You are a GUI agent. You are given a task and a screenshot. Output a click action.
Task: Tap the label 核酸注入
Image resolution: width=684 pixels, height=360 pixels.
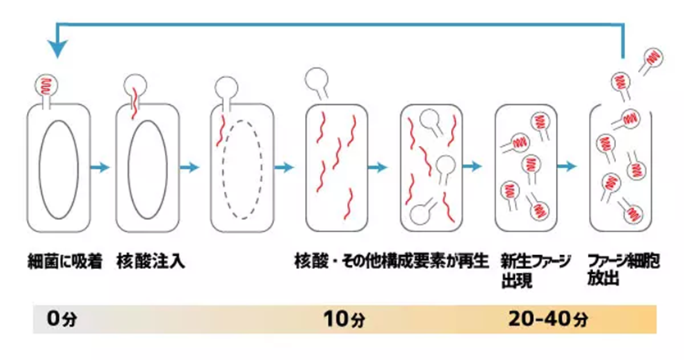point(151,262)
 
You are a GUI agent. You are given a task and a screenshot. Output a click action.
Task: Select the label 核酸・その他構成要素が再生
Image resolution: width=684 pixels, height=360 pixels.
point(391,262)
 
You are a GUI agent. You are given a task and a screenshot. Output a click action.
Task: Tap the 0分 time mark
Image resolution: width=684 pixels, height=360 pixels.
point(56,319)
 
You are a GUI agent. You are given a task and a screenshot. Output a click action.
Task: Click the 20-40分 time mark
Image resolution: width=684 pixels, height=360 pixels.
point(550,319)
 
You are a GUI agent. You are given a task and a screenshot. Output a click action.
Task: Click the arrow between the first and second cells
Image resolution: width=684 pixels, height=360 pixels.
point(99,167)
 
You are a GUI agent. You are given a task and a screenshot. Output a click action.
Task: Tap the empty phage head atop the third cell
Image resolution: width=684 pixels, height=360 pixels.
point(225,87)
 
